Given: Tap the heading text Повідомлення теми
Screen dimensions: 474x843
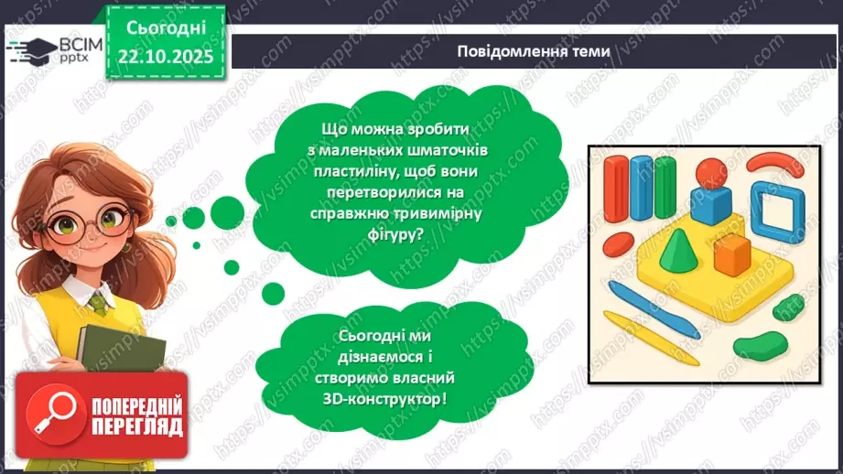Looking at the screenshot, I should coord(535,51).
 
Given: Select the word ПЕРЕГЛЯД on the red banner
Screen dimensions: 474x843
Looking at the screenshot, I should coord(136,427).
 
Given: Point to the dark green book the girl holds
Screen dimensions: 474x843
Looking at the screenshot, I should coord(108,353).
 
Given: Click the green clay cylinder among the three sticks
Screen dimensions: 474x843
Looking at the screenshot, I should coord(663,184).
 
